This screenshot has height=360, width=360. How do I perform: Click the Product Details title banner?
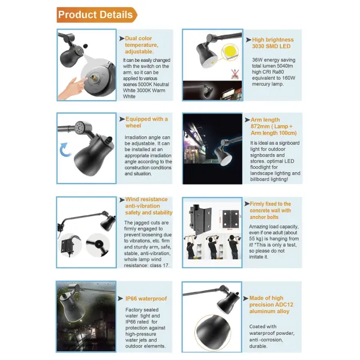coord(97,14)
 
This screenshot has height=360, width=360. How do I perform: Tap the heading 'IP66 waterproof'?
coord(146,298)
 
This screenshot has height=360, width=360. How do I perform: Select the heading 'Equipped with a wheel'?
coord(146,122)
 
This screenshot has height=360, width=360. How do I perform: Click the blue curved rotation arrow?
coord(65,149)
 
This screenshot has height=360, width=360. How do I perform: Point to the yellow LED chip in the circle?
coord(230,51)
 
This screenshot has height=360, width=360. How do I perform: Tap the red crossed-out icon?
coord(235,74)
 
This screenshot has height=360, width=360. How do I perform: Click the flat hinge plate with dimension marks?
coord(230,218)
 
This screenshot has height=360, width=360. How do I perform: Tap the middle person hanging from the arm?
coord(212,247)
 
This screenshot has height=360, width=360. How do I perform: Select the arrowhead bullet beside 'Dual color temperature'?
coord(122,38)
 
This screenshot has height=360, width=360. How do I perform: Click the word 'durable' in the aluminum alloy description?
coord(258,346)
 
